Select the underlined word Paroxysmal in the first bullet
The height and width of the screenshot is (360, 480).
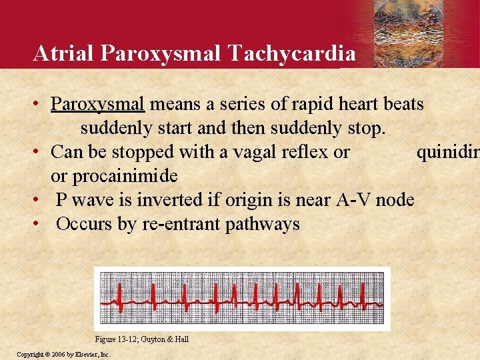[97, 105]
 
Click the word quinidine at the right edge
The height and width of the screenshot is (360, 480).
[447, 152]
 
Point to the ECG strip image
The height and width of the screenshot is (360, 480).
[242, 298]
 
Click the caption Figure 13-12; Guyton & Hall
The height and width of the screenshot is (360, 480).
[141, 339]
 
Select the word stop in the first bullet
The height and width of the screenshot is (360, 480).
[369, 127]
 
